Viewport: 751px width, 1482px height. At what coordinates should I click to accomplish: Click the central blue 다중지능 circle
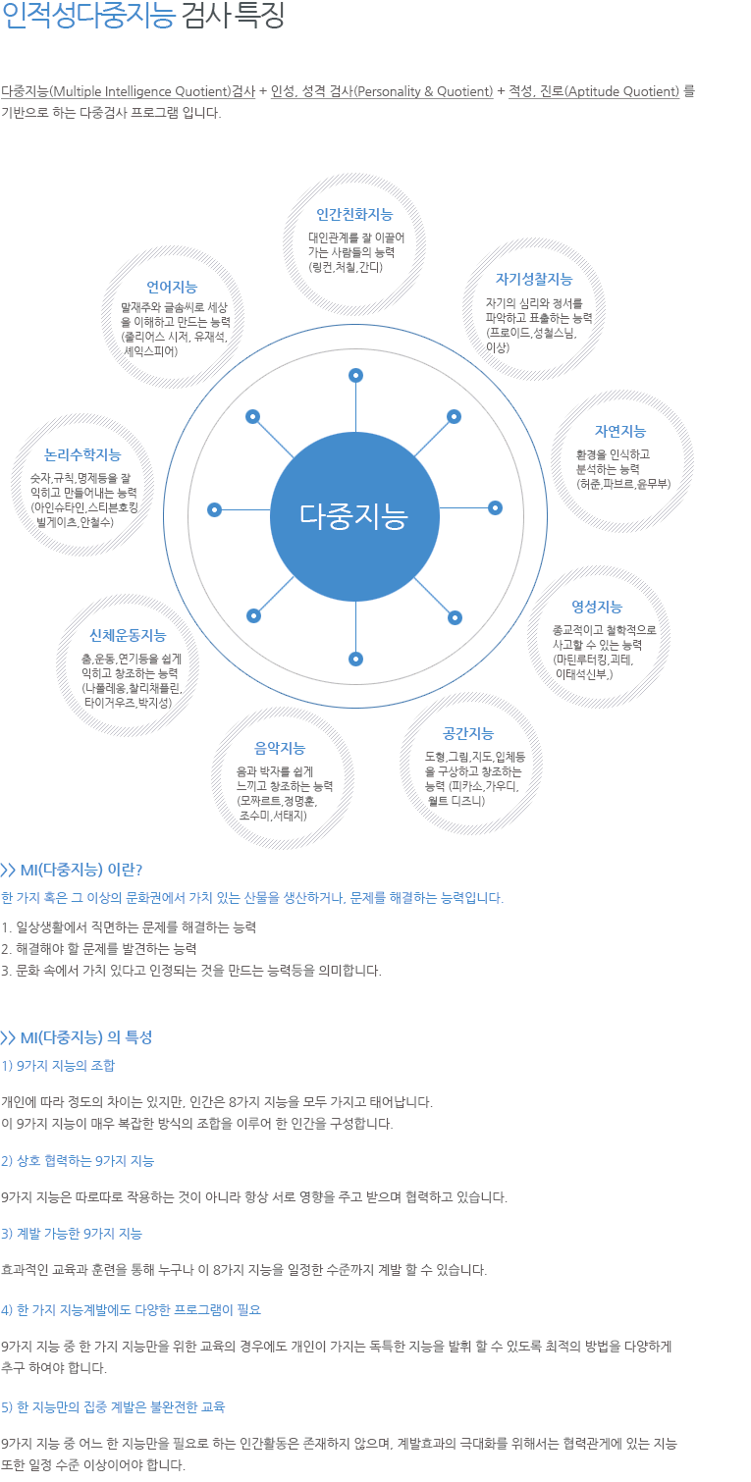(x=354, y=516)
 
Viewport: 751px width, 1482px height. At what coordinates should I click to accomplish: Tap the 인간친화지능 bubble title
(x=354, y=214)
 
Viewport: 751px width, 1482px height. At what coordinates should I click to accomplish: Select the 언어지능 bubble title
(x=172, y=288)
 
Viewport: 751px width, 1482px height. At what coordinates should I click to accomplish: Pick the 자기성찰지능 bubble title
(x=534, y=279)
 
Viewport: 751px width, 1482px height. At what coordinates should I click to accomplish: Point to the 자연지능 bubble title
(x=620, y=432)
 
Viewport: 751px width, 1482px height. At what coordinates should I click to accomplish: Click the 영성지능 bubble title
(x=597, y=607)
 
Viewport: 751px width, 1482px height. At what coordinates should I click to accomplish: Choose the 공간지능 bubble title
(x=468, y=733)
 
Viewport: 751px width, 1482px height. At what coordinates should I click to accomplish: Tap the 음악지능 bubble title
(x=280, y=748)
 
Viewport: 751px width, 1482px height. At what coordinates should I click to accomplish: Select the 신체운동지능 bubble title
(x=128, y=636)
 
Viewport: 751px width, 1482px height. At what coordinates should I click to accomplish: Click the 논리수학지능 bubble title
(x=82, y=455)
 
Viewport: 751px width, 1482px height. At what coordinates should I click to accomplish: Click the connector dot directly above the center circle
(x=356, y=376)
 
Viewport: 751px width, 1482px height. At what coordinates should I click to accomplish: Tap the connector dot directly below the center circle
(x=356, y=659)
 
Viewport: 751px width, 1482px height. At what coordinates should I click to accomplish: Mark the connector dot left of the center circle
(x=214, y=510)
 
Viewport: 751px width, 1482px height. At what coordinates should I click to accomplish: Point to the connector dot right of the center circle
(x=495, y=508)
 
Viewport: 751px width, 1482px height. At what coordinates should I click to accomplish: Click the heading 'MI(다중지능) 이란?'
(x=72, y=870)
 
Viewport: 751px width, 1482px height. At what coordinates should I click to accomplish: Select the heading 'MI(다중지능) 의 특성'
(x=77, y=1037)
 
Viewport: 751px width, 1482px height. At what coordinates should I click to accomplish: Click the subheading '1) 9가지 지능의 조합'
(x=58, y=1066)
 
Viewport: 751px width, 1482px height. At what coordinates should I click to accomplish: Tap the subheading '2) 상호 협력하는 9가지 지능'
(x=78, y=1161)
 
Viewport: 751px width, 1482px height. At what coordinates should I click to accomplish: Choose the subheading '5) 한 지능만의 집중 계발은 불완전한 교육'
(x=113, y=1406)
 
